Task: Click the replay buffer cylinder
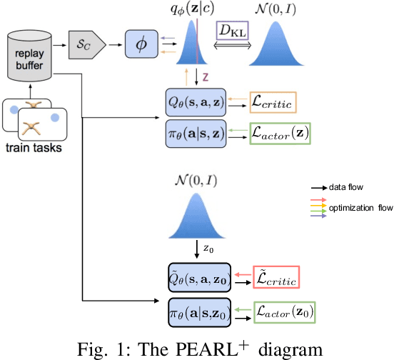click(32, 54)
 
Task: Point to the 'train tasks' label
click(34, 149)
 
